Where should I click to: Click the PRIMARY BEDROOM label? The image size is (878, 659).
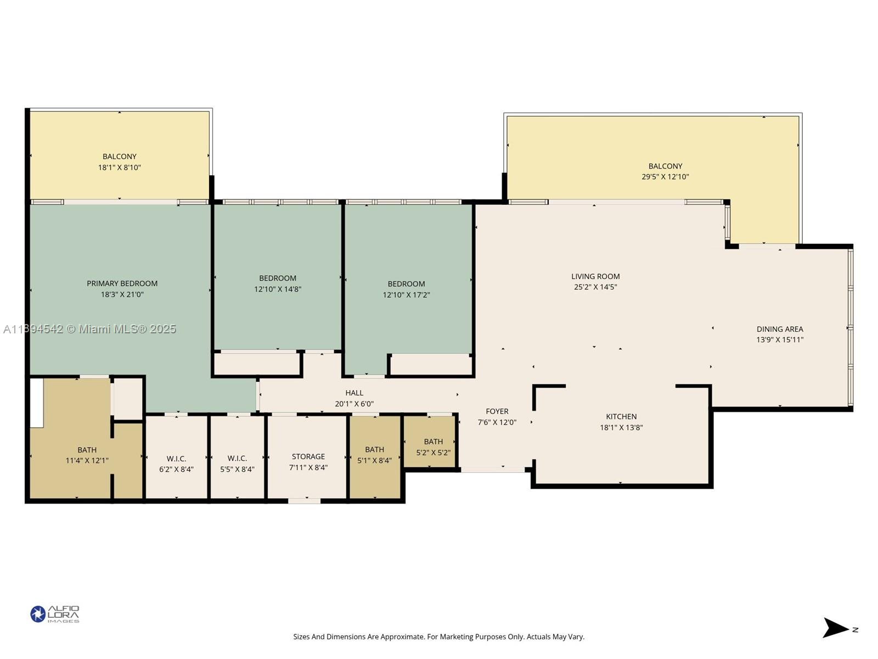[x=122, y=283]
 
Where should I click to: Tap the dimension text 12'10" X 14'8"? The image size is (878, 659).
[x=278, y=289]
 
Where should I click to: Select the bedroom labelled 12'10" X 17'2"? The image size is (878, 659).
[x=406, y=289]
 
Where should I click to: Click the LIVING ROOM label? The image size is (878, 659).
[x=595, y=276]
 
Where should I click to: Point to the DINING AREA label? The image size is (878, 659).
[x=779, y=329]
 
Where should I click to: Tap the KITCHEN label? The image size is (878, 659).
[x=621, y=416]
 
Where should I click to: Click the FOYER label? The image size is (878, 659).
[x=497, y=411]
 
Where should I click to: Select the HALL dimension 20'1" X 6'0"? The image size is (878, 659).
[x=354, y=404]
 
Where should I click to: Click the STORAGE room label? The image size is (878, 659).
[x=308, y=456]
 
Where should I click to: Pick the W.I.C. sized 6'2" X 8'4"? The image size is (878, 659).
[x=176, y=464]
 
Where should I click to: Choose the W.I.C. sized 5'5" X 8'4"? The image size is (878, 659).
[x=237, y=464]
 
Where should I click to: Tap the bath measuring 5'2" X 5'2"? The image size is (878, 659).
[x=433, y=447]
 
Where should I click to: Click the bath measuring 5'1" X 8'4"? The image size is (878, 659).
[x=374, y=455]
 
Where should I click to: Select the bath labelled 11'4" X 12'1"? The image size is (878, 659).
[x=87, y=455]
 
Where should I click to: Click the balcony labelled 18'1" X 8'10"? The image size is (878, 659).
[x=119, y=162]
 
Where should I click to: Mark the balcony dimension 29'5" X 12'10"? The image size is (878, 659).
[x=665, y=177]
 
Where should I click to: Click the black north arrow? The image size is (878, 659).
[x=835, y=628]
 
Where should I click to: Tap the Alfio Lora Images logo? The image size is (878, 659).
[x=55, y=614]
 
